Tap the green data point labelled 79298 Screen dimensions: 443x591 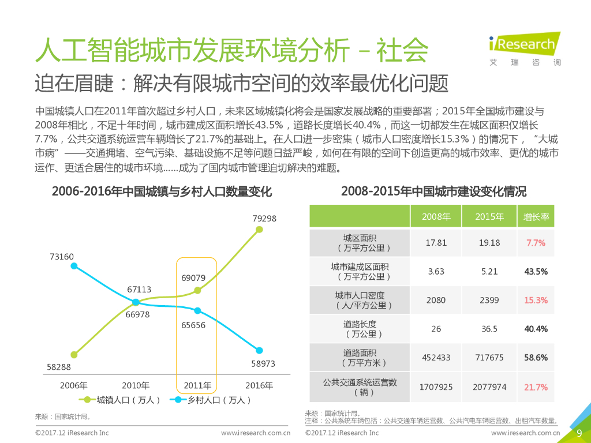click(x=259, y=230)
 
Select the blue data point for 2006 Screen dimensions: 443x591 click(x=73, y=266)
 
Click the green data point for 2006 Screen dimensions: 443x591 click(x=73, y=354)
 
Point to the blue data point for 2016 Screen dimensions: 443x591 click(x=259, y=350)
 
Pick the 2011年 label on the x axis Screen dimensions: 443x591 click(x=197, y=385)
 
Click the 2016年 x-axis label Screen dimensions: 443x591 click(x=259, y=385)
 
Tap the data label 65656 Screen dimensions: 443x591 click(x=193, y=325)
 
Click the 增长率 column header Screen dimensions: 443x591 click(x=536, y=217)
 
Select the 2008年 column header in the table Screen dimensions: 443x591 click(x=436, y=217)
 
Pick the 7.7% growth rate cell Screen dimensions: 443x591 click(x=536, y=243)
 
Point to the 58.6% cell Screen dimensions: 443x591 click(x=536, y=358)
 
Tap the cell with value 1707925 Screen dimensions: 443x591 click(x=436, y=386)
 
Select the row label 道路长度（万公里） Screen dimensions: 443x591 click(x=360, y=329)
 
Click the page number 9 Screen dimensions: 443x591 click(x=579, y=433)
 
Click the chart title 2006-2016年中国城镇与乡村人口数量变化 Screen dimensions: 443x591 click(x=162, y=192)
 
